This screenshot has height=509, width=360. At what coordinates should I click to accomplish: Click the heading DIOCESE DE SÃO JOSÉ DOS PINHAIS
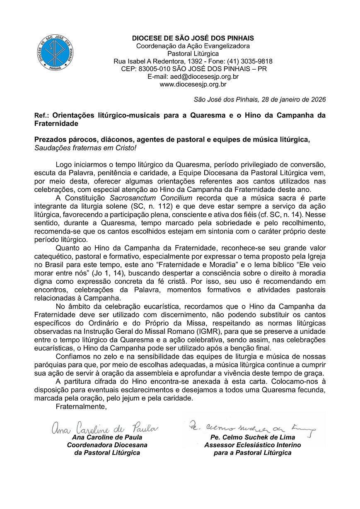[x=193, y=39]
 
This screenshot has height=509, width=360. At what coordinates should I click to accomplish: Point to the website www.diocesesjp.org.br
[x=193, y=84]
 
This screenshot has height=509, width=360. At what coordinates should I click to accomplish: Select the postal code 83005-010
[x=157, y=69]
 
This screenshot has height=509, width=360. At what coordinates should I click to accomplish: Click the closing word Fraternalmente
[x=81, y=407]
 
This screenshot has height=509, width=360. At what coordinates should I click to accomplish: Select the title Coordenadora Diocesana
[x=107, y=445]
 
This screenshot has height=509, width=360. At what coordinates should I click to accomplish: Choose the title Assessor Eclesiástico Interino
[x=252, y=445]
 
